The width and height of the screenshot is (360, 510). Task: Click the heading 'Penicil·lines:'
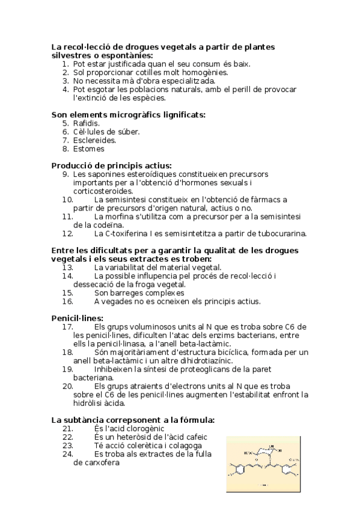click(78, 318)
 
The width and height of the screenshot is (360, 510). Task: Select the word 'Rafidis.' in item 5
click(87, 123)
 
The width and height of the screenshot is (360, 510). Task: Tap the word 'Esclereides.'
click(95, 140)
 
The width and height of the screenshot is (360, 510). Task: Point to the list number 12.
click(67, 233)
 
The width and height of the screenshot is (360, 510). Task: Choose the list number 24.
click(67, 454)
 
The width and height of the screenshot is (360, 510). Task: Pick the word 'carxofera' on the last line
click(96, 462)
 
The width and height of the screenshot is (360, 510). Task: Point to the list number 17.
click(67, 327)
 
